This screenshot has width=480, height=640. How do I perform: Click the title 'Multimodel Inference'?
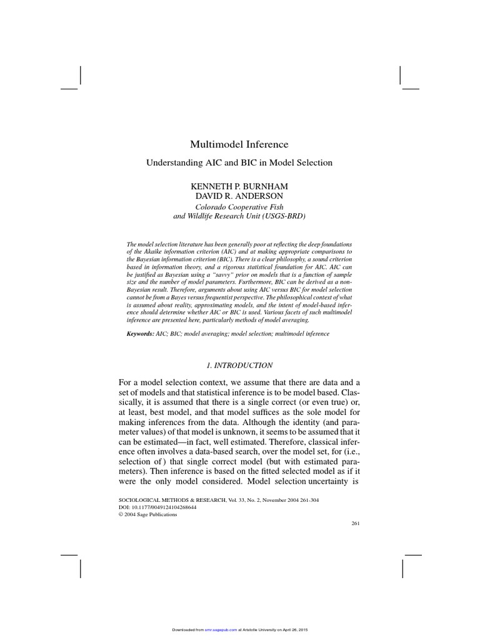pos(239,144)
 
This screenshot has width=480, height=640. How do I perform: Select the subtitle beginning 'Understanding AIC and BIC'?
pos(239,162)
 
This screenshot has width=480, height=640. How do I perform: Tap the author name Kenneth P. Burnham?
pos(239,187)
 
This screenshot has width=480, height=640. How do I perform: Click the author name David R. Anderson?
pos(239,196)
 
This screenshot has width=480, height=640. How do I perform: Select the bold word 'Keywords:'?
pos(140,334)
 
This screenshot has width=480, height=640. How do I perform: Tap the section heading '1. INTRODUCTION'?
pos(239,364)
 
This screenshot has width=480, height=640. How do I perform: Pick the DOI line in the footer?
pos(157,507)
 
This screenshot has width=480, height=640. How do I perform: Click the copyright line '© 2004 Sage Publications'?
pos(148,514)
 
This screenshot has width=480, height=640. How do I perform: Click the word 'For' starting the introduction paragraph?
pos(126,382)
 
